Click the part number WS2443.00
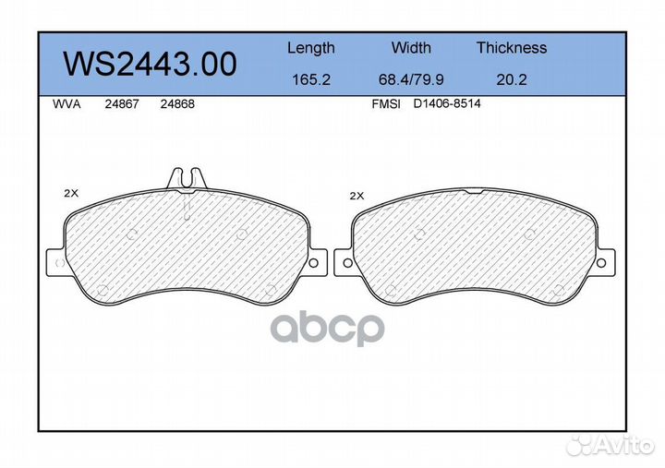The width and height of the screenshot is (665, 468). point(150,64)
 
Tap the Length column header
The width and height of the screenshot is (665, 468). point(311,48)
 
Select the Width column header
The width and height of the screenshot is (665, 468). point(411,47)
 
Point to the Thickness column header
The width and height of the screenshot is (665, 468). point(512,47)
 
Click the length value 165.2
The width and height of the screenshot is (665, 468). point(311,79)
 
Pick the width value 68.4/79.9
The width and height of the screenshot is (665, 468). point(411,79)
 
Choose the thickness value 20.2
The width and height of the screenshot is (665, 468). point(512,79)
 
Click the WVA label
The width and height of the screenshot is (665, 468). point(66,104)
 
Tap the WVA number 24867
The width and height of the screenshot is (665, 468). point(122,104)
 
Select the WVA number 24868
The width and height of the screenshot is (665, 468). point(177,104)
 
